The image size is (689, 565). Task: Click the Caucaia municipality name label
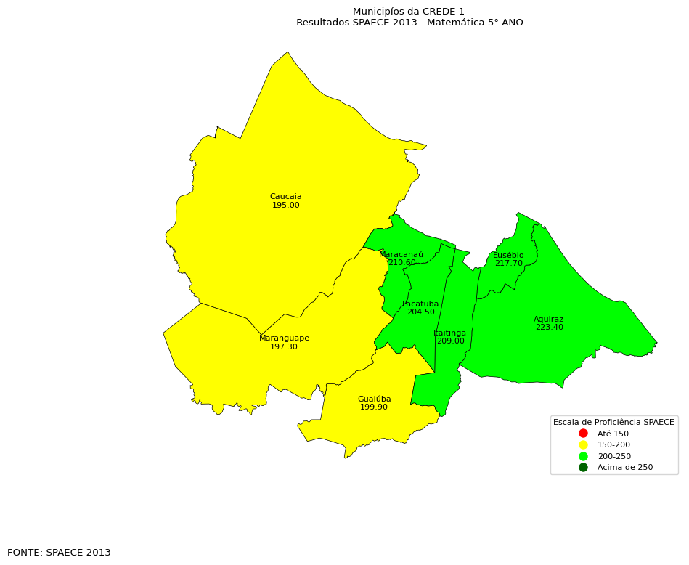pyautogui.click(x=285, y=197)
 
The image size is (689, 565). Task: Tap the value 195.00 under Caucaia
pyautogui.click(x=285, y=206)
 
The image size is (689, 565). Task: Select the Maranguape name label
pyautogui.click(x=284, y=338)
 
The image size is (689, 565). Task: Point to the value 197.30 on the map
pyautogui.click(x=284, y=347)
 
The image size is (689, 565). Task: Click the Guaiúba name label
pyautogui.click(x=374, y=399)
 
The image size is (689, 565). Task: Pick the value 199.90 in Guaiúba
pyautogui.click(x=374, y=407)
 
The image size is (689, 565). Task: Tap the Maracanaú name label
pyautogui.click(x=401, y=255)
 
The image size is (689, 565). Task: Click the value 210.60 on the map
pyautogui.click(x=402, y=263)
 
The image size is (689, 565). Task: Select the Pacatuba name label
pyautogui.click(x=420, y=304)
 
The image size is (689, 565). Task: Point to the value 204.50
pyautogui.click(x=420, y=312)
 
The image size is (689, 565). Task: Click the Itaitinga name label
pyautogui.click(x=450, y=333)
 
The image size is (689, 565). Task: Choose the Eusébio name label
pyautogui.click(x=508, y=256)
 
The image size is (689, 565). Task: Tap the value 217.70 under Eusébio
pyautogui.click(x=508, y=264)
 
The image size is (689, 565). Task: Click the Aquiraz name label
pyautogui.click(x=548, y=320)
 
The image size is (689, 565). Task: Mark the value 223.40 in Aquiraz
pyautogui.click(x=549, y=328)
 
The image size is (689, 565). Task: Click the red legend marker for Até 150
pyautogui.click(x=583, y=434)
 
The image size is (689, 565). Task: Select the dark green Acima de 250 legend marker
pyautogui.click(x=583, y=467)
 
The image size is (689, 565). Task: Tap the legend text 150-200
pyautogui.click(x=613, y=445)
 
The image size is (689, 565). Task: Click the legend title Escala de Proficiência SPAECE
pyautogui.click(x=613, y=422)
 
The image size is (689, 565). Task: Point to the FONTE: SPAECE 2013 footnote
pyautogui.click(x=59, y=553)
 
